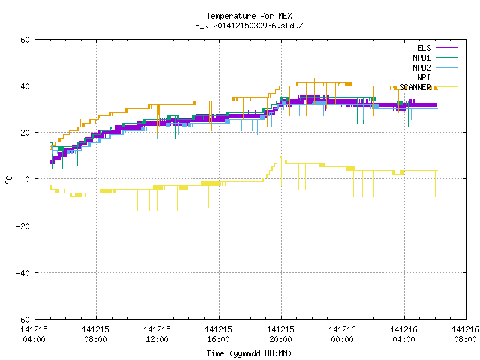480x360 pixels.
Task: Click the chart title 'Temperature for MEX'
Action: pos(249,16)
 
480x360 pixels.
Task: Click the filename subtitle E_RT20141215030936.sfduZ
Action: pos(249,25)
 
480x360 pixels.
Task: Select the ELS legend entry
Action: pos(424,48)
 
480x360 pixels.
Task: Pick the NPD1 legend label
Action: pos(421,58)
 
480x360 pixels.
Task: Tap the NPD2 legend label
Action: pos(421,67)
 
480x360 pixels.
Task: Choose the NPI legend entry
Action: pos(424,77)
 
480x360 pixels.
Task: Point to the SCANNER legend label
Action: pos(415,87)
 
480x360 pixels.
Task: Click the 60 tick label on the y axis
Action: pos(25,40)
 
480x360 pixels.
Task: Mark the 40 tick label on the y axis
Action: pos(25,86)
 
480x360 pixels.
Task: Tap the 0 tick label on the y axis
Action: pos(27,179)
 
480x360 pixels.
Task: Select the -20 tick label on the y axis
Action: pos(23,226)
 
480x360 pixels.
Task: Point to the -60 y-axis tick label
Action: pos(23,319)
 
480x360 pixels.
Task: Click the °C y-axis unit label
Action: pos(8,180)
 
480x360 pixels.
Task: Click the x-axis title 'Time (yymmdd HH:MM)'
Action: pos(249,353)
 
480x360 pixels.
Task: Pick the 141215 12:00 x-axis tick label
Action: pos(157,334)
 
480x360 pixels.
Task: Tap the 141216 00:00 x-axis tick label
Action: pos(342,334)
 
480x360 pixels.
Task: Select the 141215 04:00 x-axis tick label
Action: pos(34,334)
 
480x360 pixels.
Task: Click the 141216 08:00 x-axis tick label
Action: pos(465,334)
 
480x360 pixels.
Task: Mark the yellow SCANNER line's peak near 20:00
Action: pos(280,157)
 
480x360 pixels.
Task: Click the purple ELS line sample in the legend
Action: pos(446,48)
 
